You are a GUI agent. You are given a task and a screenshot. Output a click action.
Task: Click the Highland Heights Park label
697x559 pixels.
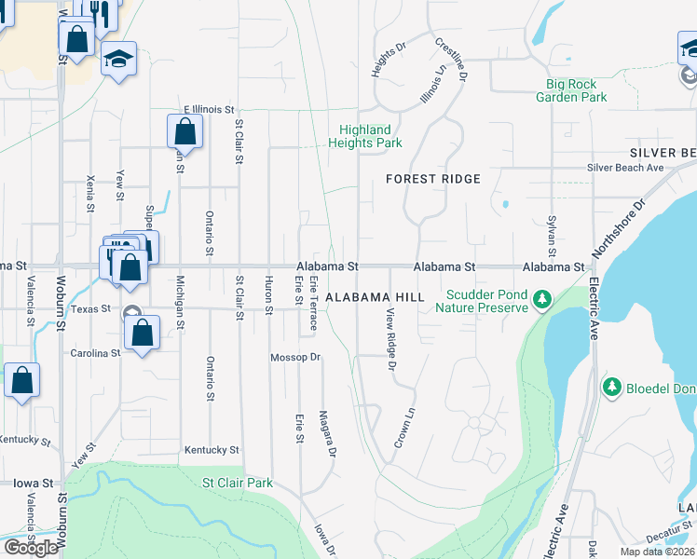pyautogui.click(x=365, y=136)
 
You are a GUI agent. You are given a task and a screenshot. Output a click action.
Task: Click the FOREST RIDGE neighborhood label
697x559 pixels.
pyautogui.click(x=433, y=178)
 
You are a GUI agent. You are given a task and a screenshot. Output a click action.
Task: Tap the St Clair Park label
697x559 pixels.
pyautogui.click(x=239, y=483)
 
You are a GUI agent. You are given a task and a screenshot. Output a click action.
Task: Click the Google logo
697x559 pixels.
pyautogui.click(x=31, y=547)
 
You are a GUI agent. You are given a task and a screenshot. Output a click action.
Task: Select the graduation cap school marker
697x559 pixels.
pyautogui.click(x=118, y=59)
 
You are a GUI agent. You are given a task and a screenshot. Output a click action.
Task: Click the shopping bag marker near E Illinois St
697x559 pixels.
pyautogui.click(x=184, y=131)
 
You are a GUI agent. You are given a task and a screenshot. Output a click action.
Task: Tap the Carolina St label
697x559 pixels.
pyautogui.click(x=96, y=354)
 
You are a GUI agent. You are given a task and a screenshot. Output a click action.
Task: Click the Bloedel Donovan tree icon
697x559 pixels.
pyautogui.click(x=612, y=386)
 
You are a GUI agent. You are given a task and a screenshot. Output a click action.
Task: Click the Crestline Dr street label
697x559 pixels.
pyautogui.click(x=450, y=57)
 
